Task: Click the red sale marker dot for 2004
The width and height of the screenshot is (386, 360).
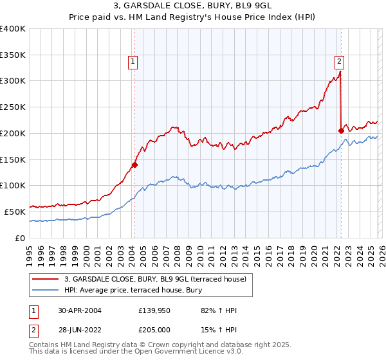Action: point(134,165)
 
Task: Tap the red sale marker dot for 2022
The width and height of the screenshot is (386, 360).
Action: point(341,130)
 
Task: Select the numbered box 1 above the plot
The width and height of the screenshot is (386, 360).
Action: point(133,62)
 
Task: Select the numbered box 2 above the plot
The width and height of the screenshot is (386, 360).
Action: point(339,62)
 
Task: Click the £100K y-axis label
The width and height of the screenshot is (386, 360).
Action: point(13,185)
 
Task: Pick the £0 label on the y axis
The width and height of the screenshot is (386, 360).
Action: point(19,238)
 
